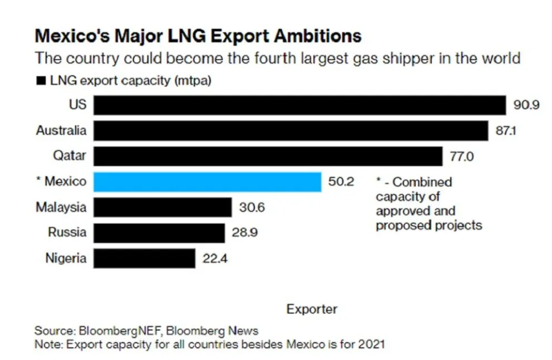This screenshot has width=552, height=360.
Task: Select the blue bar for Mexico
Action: click(x=207, y=182)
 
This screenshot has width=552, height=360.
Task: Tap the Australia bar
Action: click(x=290, y=131)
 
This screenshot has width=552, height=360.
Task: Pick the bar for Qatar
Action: click(x=268, y=156)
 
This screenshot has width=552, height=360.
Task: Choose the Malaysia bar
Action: click(x=162, y=208)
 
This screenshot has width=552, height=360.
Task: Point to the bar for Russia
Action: click(x=159, y=233)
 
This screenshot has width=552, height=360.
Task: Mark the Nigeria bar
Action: click(x=144, y=258)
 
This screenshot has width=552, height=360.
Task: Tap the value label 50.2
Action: click(x=341, y=182)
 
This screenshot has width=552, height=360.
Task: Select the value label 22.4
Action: click(x=215, y=258)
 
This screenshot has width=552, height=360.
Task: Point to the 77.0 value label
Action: click(x=461, y=156)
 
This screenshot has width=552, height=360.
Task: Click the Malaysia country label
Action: click(x=61, y=208)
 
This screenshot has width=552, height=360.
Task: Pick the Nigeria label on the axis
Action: click(x=66, y=258)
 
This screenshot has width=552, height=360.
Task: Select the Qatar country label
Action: click(x=70, y=156)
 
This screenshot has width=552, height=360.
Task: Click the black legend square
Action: click(x=41, y=81)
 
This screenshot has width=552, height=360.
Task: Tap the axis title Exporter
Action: click(x=312, y=309)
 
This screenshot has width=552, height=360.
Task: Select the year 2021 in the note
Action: click(x=371, y=344)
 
